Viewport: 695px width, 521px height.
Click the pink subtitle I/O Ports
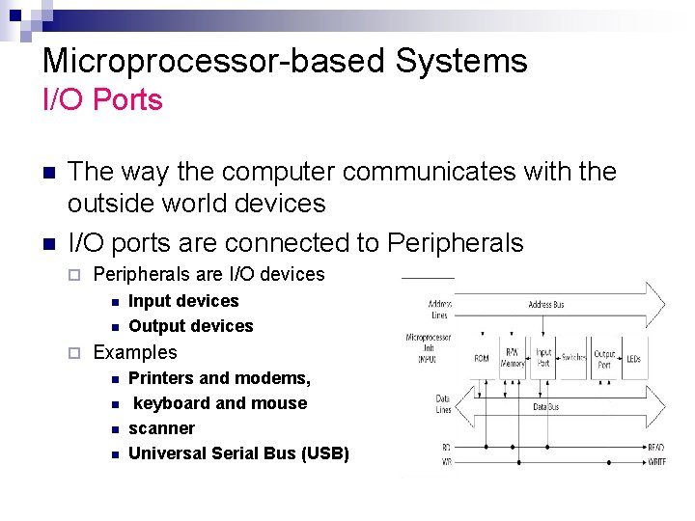tap(102, 99)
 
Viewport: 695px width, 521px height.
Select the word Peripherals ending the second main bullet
tap(455, 242)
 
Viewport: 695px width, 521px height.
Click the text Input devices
tap(183, 301)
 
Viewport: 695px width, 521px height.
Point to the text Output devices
tap(190, 326)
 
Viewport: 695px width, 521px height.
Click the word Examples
tap(135, 352)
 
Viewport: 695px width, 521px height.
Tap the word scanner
tap(161, 428)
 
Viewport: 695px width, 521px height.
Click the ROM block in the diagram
tap(481, 358)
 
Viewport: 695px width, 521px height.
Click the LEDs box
tap(633, 358)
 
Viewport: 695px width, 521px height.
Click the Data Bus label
tap(547, 408)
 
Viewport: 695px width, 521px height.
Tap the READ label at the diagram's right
tap(656, 447)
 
